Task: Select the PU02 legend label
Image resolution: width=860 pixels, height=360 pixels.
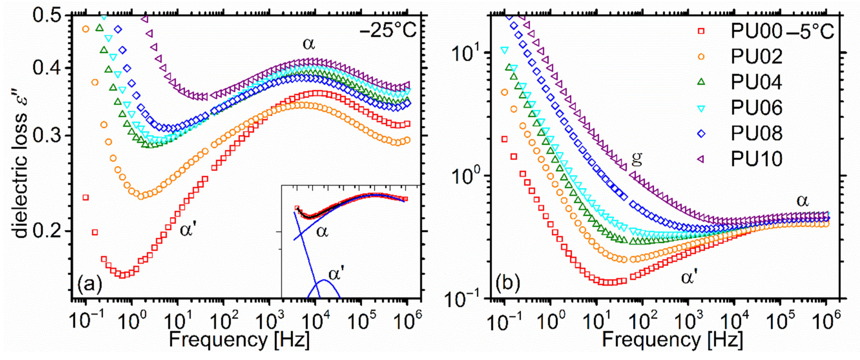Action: pyautogui.click(x=756, y=56)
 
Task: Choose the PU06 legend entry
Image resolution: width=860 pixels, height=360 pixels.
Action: pyautogui.click(x=756, y=108)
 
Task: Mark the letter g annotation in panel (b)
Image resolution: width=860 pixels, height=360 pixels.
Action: pyautogui.click(x=637, y=158)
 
